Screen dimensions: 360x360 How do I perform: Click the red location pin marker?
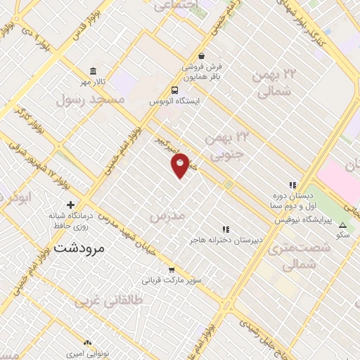181,165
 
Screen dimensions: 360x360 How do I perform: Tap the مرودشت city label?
78,247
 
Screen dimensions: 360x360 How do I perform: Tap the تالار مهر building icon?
94,70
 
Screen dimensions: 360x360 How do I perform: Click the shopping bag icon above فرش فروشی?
202,56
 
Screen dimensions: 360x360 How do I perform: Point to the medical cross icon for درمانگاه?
70,205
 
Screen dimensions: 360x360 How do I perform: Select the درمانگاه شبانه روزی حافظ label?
70,222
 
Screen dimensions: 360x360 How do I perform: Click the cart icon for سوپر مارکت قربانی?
172,270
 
